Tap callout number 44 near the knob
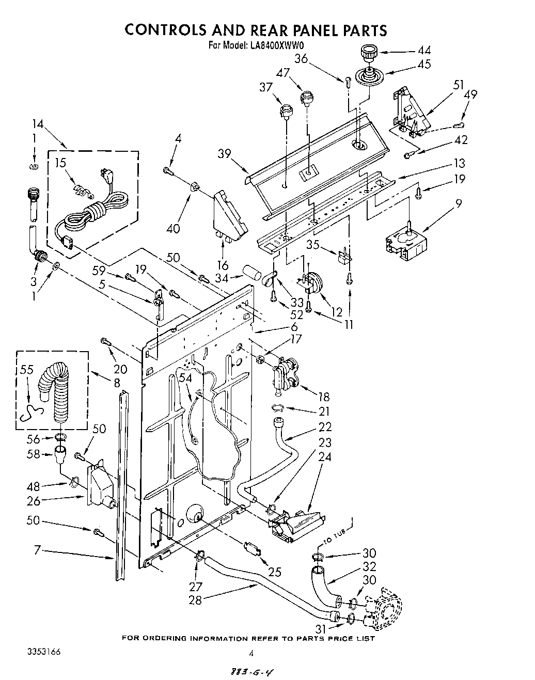(x=424, y=51)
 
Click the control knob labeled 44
(x=367, y=53)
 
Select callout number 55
(x=27, y=370)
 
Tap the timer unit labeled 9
(x=407, y=241)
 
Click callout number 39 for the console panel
(x=224, y=154)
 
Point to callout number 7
(x=37, y=551)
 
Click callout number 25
(x=275, y=572)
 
